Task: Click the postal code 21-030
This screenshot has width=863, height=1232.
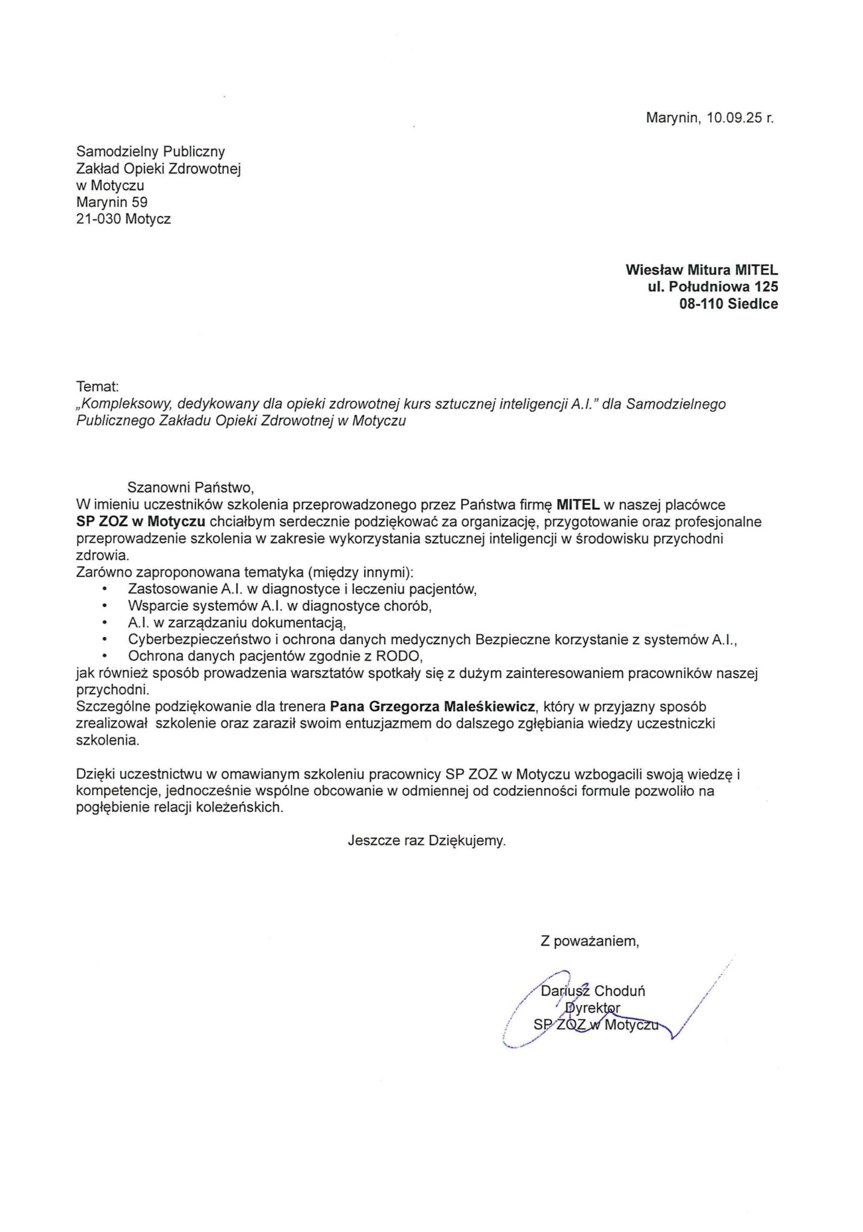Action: tap(99, 220)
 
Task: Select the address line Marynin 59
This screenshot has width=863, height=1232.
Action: tap(112, 203)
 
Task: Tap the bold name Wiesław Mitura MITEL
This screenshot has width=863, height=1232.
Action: tap(702, 270)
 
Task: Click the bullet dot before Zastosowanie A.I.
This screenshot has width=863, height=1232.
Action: tap(105, 590)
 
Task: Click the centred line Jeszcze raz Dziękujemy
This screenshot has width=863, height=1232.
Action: tap(427, 841)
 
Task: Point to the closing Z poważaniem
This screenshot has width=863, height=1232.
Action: tap(589, 941)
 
